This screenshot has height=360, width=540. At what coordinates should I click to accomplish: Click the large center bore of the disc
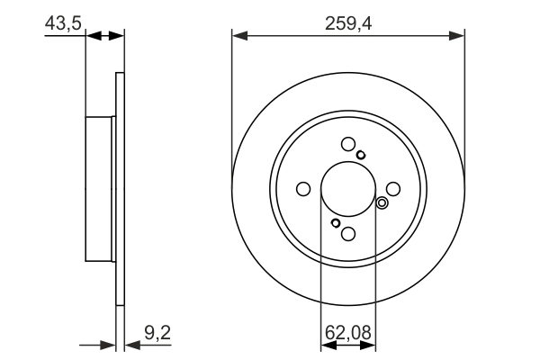347,188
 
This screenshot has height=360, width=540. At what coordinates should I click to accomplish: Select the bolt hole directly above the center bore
348,144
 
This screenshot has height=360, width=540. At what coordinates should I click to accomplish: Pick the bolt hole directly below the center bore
348,234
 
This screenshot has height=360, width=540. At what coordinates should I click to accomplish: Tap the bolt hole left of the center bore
303,189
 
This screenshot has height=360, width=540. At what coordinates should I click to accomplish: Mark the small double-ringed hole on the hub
382,202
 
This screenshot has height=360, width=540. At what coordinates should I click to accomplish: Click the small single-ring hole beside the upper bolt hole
361,156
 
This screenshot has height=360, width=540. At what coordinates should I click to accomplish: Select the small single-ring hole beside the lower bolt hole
336,222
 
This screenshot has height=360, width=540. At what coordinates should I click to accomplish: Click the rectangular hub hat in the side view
101,189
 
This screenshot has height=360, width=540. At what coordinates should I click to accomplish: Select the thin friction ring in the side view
120,189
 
